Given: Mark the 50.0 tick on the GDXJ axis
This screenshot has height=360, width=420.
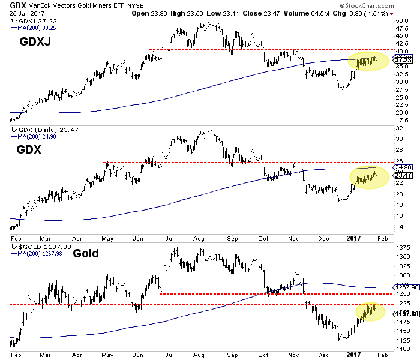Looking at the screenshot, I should [401, 21].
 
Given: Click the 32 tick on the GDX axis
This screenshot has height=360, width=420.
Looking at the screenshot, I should [398, 138].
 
